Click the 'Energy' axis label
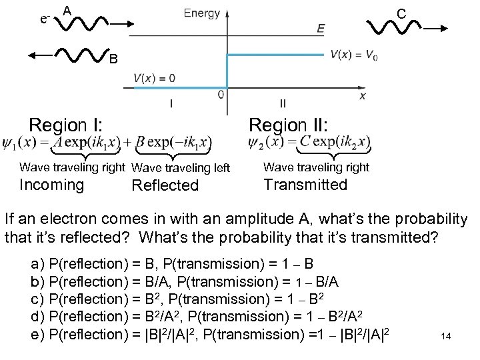point(201,13)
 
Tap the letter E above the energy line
point(321,29)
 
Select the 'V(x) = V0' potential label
point(353,56)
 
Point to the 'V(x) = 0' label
point(154,79)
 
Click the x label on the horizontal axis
point(363,96)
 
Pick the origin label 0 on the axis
point(221,95)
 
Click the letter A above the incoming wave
point(67,11)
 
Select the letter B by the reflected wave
point(114,60)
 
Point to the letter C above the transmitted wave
point(401,13)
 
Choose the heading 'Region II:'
point(289,125)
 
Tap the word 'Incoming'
point(52,185)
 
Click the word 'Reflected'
point(165,185)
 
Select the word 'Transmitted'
point(305,185)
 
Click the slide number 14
point(446,336)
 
